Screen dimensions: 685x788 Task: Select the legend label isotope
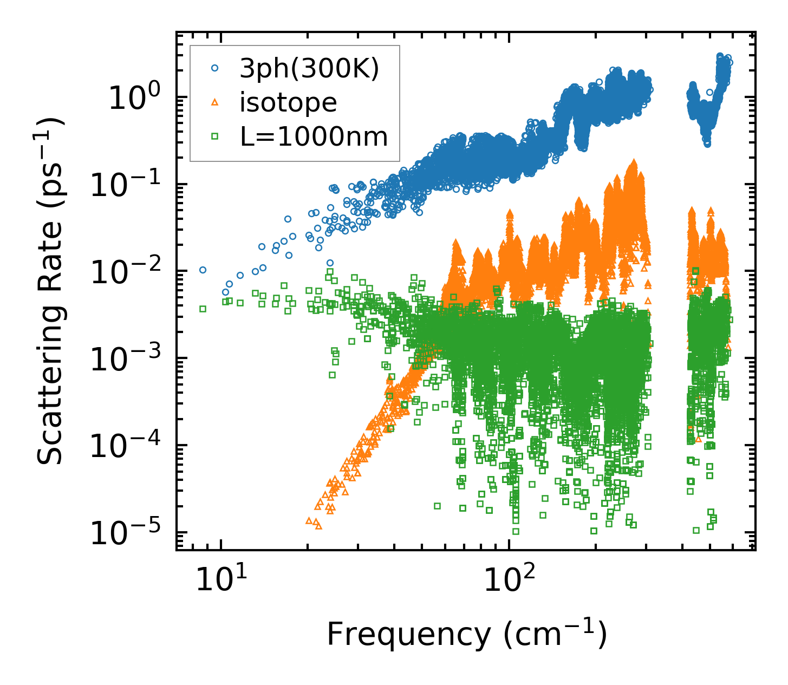[288, 103]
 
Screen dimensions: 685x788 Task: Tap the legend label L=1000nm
[314, 137]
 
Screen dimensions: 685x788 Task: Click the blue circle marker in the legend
[215, 68]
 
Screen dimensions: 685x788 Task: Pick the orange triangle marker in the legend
[215, 102]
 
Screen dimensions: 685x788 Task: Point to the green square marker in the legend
[215, 136]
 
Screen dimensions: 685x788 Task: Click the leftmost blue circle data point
[203, 270]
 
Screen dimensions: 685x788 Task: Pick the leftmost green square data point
[203, 309]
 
